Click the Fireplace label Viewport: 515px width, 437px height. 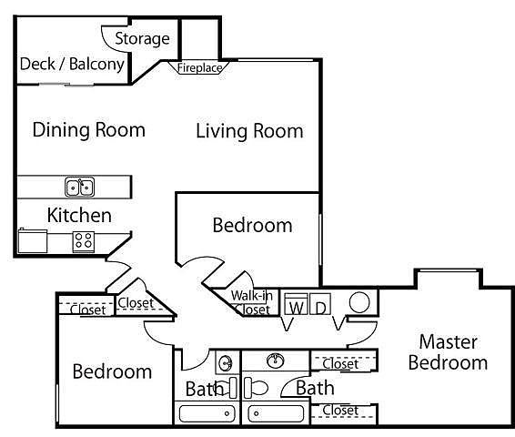199,68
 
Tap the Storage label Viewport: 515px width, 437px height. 142,39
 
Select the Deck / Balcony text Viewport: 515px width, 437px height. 72,64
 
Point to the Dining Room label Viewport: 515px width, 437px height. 88,130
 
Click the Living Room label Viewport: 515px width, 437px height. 249,131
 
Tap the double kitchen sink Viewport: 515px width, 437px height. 79,187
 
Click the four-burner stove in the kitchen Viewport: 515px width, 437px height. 84,241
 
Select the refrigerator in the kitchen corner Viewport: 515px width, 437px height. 32,240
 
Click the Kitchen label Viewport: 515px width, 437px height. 79,216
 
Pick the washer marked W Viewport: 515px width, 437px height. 296,304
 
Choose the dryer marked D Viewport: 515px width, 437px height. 320,304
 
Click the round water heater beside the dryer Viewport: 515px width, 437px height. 359,302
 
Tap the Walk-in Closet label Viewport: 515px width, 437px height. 252,302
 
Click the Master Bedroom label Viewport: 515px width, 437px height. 448,352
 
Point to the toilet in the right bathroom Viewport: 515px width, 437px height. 256,388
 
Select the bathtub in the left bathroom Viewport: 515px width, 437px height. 207,413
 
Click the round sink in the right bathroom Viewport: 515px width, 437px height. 275,361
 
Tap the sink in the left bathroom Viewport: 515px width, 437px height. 226,363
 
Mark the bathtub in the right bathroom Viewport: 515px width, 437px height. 276,413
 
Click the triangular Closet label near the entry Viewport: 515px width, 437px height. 136,303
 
